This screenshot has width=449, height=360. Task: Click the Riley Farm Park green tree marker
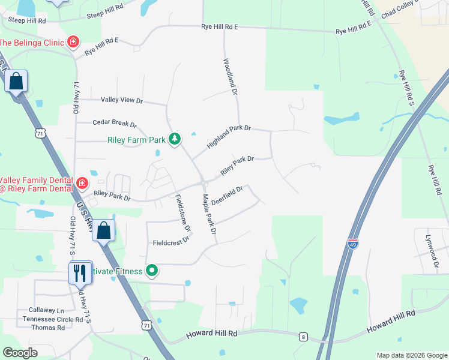pyautogui.click(x=175, y=139)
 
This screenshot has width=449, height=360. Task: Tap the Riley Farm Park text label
pyautogui.click(x=136, y=140)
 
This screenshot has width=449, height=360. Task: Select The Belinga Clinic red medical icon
pyautogui.click(x=73, y=42)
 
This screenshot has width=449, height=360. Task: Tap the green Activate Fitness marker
pyautogui.click(x=152, y=271)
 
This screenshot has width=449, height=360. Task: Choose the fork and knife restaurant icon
pyautogui.click(x=79, y=273)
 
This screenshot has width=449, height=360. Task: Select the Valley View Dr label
pyautogui.click(x=122, y=100)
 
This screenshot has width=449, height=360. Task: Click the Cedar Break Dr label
pyautogui.click(x=115, y=123)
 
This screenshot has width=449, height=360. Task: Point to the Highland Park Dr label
pyautogui.click(x=229, y=137)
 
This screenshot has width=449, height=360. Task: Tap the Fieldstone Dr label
pyautogui.click(x=182, y=213)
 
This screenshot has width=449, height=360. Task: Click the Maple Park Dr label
pyautogui.click(x=209, y=214)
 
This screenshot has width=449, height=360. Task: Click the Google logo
pyautogui.click(x=20, y=353)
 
